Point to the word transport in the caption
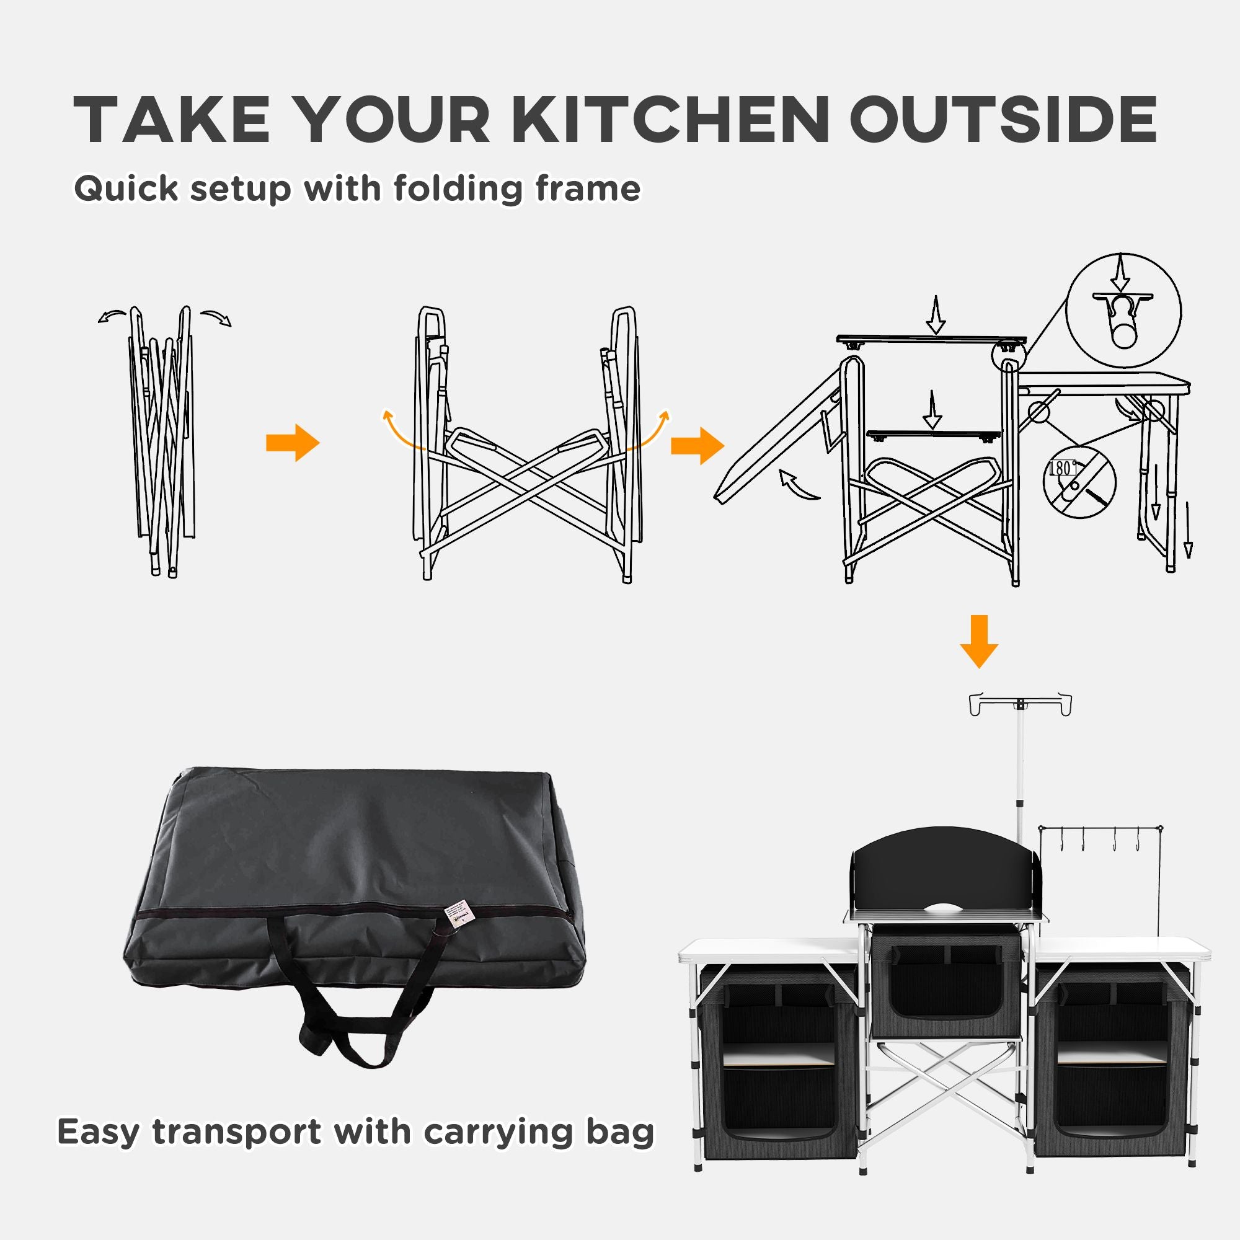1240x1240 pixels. (236, 1096)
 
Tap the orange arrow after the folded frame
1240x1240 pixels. (293, 442)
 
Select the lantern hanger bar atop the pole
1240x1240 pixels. (1019, 704)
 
